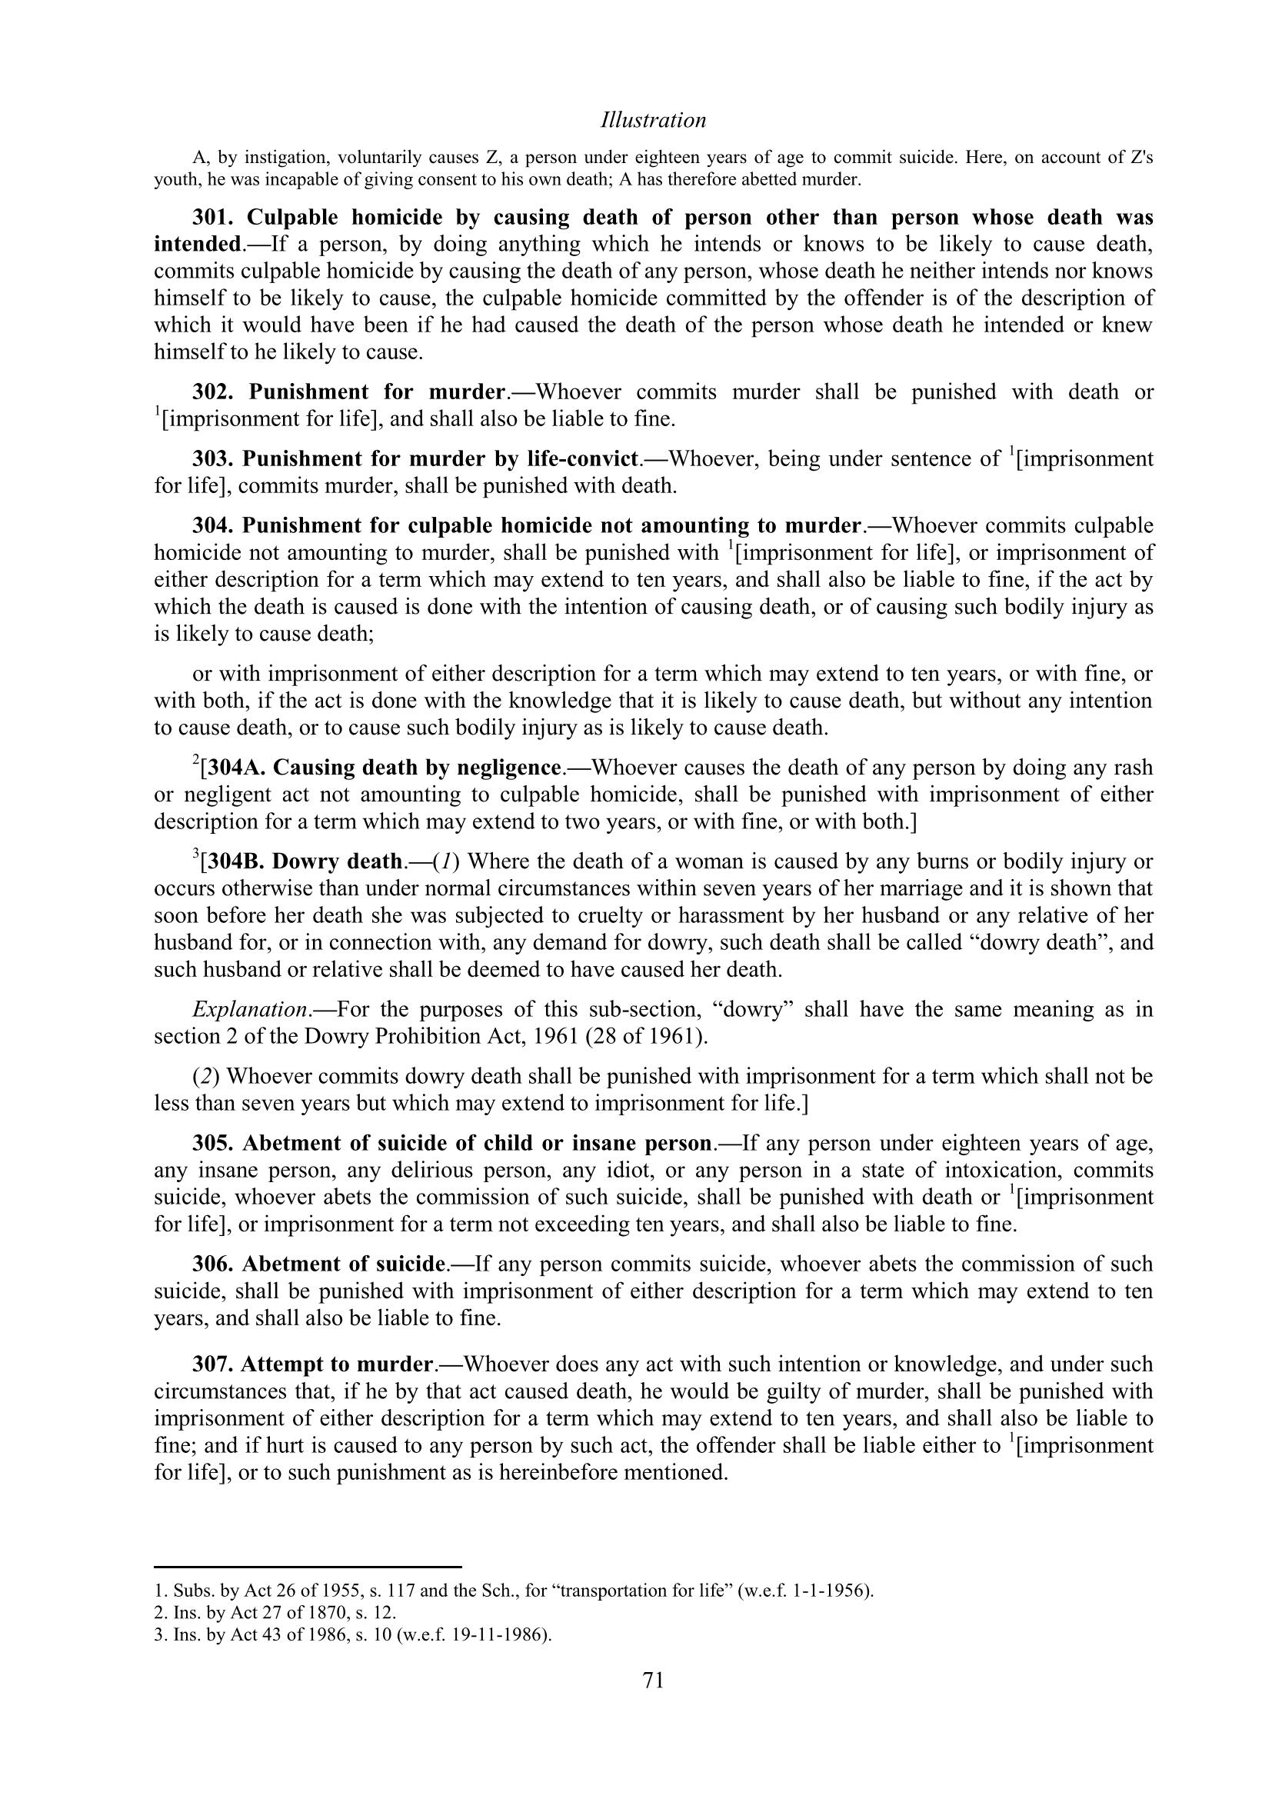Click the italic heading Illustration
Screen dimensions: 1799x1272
(x=653, y=120)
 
